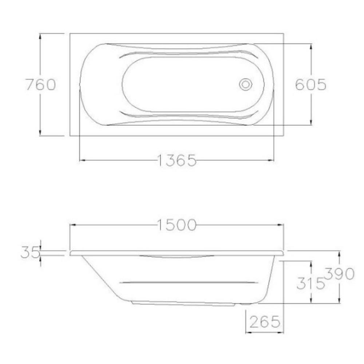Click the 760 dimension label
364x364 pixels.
[41, 84]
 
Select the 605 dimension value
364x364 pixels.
[310, 84]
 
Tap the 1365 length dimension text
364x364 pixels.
[177, 160]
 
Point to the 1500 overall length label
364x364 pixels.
[177, 225]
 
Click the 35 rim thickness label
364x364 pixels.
[30, 252]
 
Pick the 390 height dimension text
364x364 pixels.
[339, 274]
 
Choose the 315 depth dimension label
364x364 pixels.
[310, 283]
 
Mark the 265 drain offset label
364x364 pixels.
[265, 322]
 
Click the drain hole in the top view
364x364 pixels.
[246, 84]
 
